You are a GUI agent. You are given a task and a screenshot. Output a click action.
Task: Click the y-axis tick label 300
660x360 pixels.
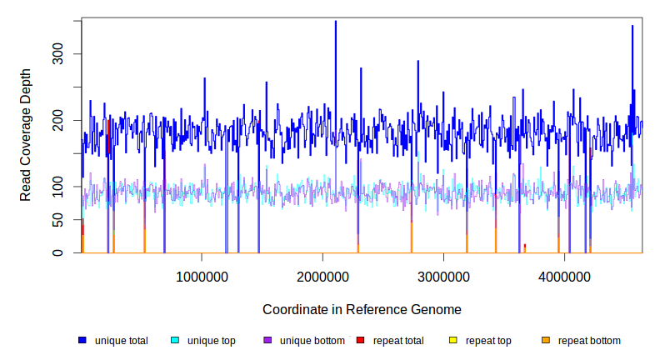tap(69, 54)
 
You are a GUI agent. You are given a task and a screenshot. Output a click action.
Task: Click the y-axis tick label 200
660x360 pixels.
tap(69, 120)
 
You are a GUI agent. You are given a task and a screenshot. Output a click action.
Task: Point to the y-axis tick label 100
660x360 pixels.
tap(69, 187)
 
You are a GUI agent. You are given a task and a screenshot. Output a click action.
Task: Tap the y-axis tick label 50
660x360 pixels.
tap(69, 220)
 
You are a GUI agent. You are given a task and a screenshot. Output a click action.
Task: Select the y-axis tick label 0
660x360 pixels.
tap(69, 253)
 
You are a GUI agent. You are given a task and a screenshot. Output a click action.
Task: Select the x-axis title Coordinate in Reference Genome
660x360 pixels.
tap(362, 309)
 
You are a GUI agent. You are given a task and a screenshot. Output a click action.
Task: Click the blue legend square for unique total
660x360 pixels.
tap(82, 341)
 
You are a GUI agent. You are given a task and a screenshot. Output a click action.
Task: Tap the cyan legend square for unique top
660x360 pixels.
tap(175, 341)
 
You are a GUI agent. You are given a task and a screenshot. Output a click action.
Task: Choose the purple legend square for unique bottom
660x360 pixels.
tap(267, 341)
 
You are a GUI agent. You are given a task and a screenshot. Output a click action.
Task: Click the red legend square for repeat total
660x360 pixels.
tap(360, 341)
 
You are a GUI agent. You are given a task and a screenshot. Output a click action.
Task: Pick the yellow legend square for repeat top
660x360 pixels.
tap(452, 341)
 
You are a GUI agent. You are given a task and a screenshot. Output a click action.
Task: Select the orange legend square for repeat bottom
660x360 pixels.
tap(545, 341)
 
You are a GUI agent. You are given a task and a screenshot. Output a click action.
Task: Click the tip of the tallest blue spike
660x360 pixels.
tap(335, 22)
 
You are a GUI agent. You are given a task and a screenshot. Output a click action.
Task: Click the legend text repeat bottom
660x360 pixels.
tap(589, 341)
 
